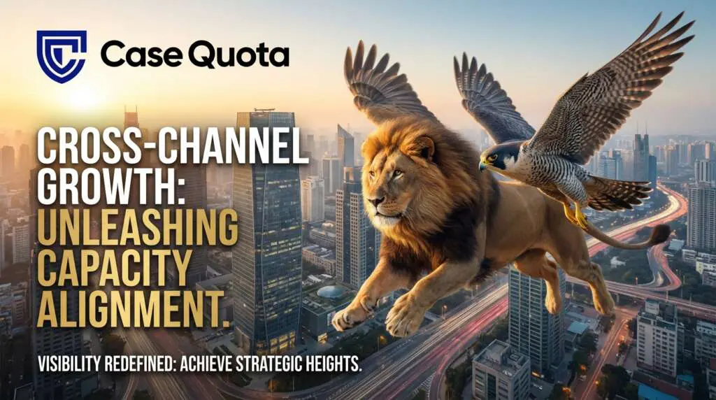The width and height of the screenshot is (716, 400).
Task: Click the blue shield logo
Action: [x=62, y=57]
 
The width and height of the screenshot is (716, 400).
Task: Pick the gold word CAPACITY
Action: [x=115, y=266]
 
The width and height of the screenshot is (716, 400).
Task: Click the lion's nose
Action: [x=376, y=201]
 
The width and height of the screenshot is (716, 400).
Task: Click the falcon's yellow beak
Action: [x=482, y=165]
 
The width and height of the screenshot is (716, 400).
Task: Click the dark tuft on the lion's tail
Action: [x=660, y=234]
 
